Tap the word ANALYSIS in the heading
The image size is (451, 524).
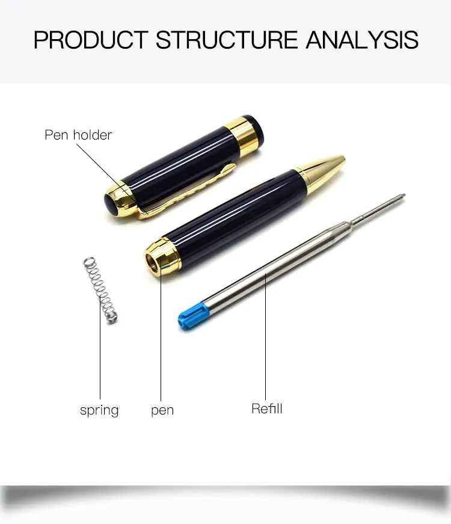point(362,40)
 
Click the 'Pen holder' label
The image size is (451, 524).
point(78,135)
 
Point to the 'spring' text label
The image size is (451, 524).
point(99,411)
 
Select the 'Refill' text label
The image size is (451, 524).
point(267,409)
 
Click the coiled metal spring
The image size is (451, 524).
point(100,289)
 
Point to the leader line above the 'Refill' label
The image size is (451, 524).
point(266,337)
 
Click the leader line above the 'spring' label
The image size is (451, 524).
point(100,355)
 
